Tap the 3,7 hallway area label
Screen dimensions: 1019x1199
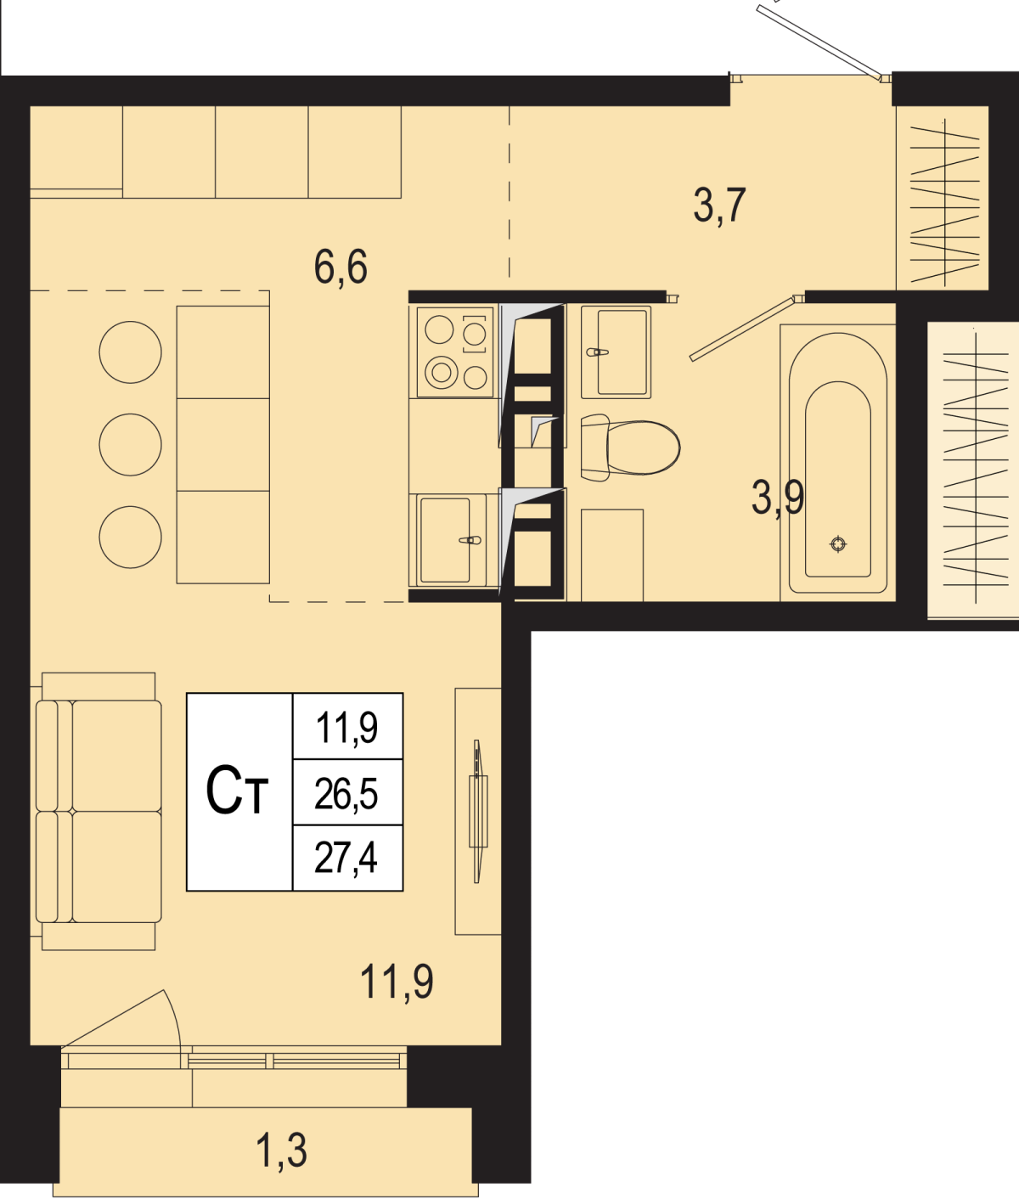[x=719, y=206]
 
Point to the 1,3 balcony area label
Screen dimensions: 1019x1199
[x=281, y=1151]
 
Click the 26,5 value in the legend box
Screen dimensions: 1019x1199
[x=346, y=794]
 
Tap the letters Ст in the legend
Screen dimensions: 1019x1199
[x=237, y=790]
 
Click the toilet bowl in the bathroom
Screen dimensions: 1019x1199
[x=630, y=448]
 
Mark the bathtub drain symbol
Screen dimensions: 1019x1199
[x=838, y=544]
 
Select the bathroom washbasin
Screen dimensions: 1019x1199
[x=616, y=352]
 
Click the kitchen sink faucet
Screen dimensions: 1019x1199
[x=470, y=540]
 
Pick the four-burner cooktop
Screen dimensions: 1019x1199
[x=455, y=352]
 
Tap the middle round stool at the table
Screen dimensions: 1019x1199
[x=131, y=445]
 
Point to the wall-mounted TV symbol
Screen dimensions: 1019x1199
[x=478, y=811]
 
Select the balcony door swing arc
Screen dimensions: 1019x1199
[x=174, y=1018]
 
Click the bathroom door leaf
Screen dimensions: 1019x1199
[x=743, y=329]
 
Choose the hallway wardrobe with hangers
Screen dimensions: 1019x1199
[x=943, y=199]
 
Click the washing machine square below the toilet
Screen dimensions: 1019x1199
[x=612, y=555]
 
